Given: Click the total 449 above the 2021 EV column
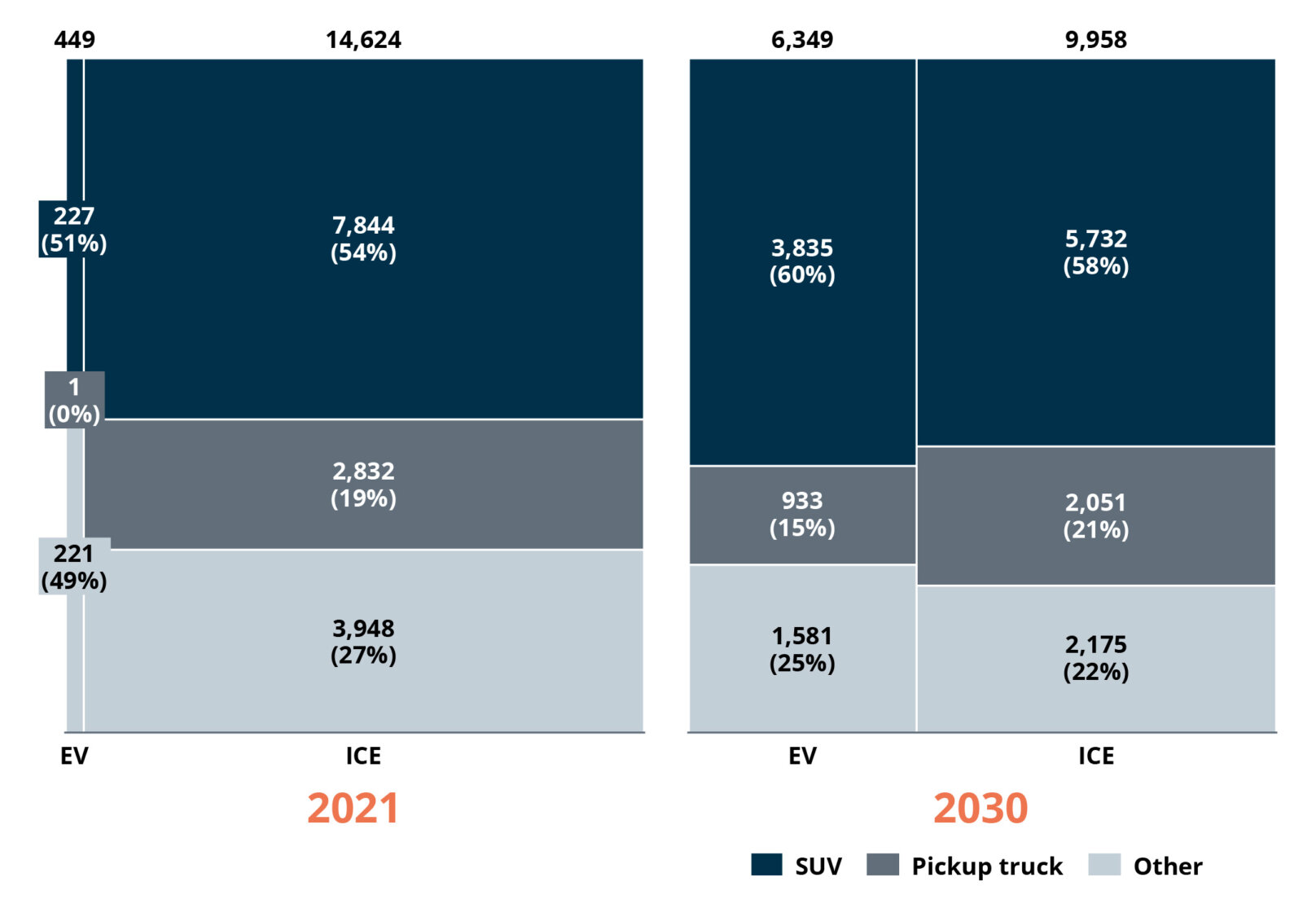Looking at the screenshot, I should (x=74, y=40).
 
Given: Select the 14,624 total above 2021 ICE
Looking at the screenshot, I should (x=363, y=40).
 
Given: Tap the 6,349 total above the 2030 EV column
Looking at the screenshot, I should (x=802, y=40).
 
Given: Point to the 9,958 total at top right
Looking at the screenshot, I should (x=1095, y=40).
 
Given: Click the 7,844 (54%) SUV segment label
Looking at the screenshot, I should (x=363, y=239).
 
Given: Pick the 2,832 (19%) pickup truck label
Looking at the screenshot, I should (x=363, y=485).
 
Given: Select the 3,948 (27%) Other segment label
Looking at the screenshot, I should (x=363, y=642).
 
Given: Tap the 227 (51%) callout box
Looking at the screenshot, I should (x=73, y=230).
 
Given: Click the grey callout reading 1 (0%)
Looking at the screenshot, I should (x=74, y=400).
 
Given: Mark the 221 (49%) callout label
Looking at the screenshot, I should (x=73, y=567).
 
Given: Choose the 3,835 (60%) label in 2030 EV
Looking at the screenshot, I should (x=802, y=261).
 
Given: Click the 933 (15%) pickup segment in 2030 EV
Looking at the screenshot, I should (x=802, y=514).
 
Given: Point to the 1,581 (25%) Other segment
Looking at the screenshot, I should (x=802, y=649).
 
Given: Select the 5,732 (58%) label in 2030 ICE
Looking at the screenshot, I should (x=1095, y=252).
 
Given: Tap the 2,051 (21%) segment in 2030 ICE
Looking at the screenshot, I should (x=1095, y=516).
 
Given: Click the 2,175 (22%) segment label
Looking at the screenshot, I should (x=1095, y=658).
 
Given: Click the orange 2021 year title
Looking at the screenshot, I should (x=353, y=808).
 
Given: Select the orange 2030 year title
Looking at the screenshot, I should (x=980, y=808).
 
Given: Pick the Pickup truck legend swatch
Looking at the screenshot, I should (x=883, y=865).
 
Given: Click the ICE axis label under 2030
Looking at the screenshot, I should (x=1095, y=756).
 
